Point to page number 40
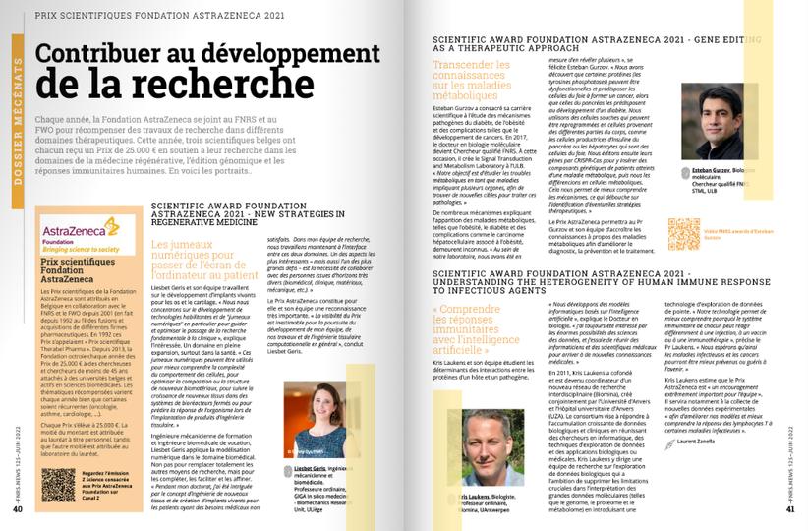click(x=18, y=509)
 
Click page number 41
click(x=790, y=509)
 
